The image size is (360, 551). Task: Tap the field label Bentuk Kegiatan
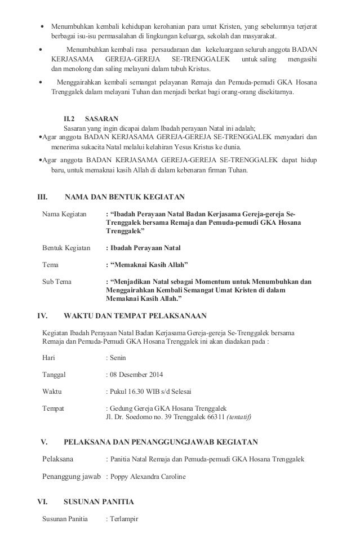66,247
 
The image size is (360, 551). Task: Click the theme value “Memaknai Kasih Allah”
149,264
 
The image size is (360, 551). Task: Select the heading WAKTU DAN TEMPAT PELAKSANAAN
135,315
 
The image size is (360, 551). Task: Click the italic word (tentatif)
239,417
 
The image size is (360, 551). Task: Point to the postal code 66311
214,417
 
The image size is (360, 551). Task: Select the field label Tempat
54,408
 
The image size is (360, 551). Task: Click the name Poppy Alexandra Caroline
149,476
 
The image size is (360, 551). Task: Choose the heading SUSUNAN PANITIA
99,501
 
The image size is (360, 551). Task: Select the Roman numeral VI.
42,501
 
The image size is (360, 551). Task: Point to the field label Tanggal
54,374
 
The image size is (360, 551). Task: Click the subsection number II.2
69,119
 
